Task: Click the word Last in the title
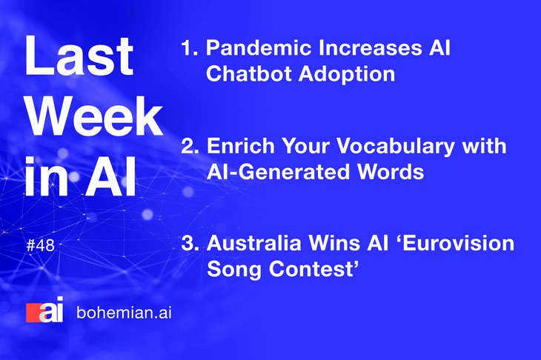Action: tap(79, 56)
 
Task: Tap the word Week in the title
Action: tap(94, 116)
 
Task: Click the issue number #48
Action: tap(40, 245)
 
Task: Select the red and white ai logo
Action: tap(45, 310)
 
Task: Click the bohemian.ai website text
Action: tap(124, 313)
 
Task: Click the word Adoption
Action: tap(347, 75)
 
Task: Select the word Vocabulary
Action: tap(396, 147)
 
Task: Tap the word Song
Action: tap(234, 270)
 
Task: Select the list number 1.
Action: tap(190, 47)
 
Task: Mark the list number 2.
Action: tap(190, 146)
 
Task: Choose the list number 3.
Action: tap(190, 244)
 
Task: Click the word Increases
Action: tap(370, 47)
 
